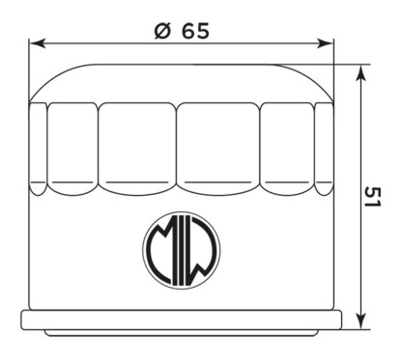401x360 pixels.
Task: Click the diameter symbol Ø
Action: pyautogui.click(x=162, y=31)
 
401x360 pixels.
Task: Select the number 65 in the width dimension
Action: pyautogui.click(x=196, y=31)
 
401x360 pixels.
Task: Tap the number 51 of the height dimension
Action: pyautogui.click(x=373, y=197)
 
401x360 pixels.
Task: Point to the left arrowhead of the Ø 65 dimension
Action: pyautogui.click(x=38, y=43)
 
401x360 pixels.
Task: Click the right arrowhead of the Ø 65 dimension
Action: pyautogui.click(x=325, y=43)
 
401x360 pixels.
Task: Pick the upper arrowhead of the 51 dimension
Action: pyautogui.click(x=362, y=73)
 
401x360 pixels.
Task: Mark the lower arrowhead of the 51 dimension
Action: pyautogui.click(x=362, y=320)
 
